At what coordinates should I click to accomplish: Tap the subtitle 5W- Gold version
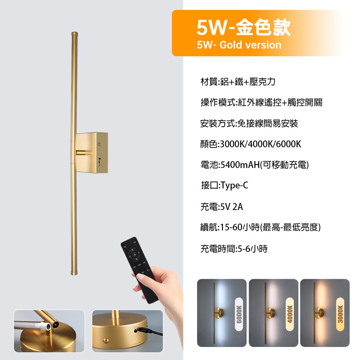tap(239, 45)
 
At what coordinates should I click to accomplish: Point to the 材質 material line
tap(238, 82)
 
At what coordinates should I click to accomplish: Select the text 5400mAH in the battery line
tap(240, 165)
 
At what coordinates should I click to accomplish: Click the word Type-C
tap(235, 185)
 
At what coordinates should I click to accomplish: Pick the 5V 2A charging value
tap(231, 207)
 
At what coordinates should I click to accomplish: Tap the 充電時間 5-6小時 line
tap(234, 249)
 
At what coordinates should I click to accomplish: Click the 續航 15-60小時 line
tap(260, 227)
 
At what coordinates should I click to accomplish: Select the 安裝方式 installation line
tap(249, 123)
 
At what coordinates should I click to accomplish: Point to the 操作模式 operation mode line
tap(261, 103)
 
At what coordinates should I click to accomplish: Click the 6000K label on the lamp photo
tap(239, 314)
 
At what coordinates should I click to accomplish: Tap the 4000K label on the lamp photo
tap(290, 314)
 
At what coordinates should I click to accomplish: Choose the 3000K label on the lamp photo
tap(340, 314)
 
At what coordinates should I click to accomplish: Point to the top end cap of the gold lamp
tap(74, 32)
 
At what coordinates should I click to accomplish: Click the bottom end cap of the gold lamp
tap(74, 273)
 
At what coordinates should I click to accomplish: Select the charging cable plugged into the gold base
tap(150, 331)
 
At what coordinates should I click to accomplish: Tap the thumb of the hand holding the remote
tap(143, 277)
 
